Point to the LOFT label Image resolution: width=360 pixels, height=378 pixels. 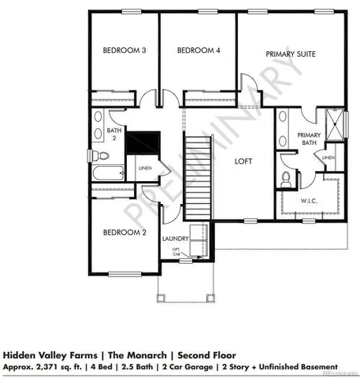coord(244,160)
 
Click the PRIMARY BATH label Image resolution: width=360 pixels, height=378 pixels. coord(309,140)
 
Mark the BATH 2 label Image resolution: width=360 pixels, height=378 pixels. coord(113,134)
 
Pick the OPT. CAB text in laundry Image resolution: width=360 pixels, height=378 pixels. coord(177,252)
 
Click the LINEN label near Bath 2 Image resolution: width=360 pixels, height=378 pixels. coord(145,168)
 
